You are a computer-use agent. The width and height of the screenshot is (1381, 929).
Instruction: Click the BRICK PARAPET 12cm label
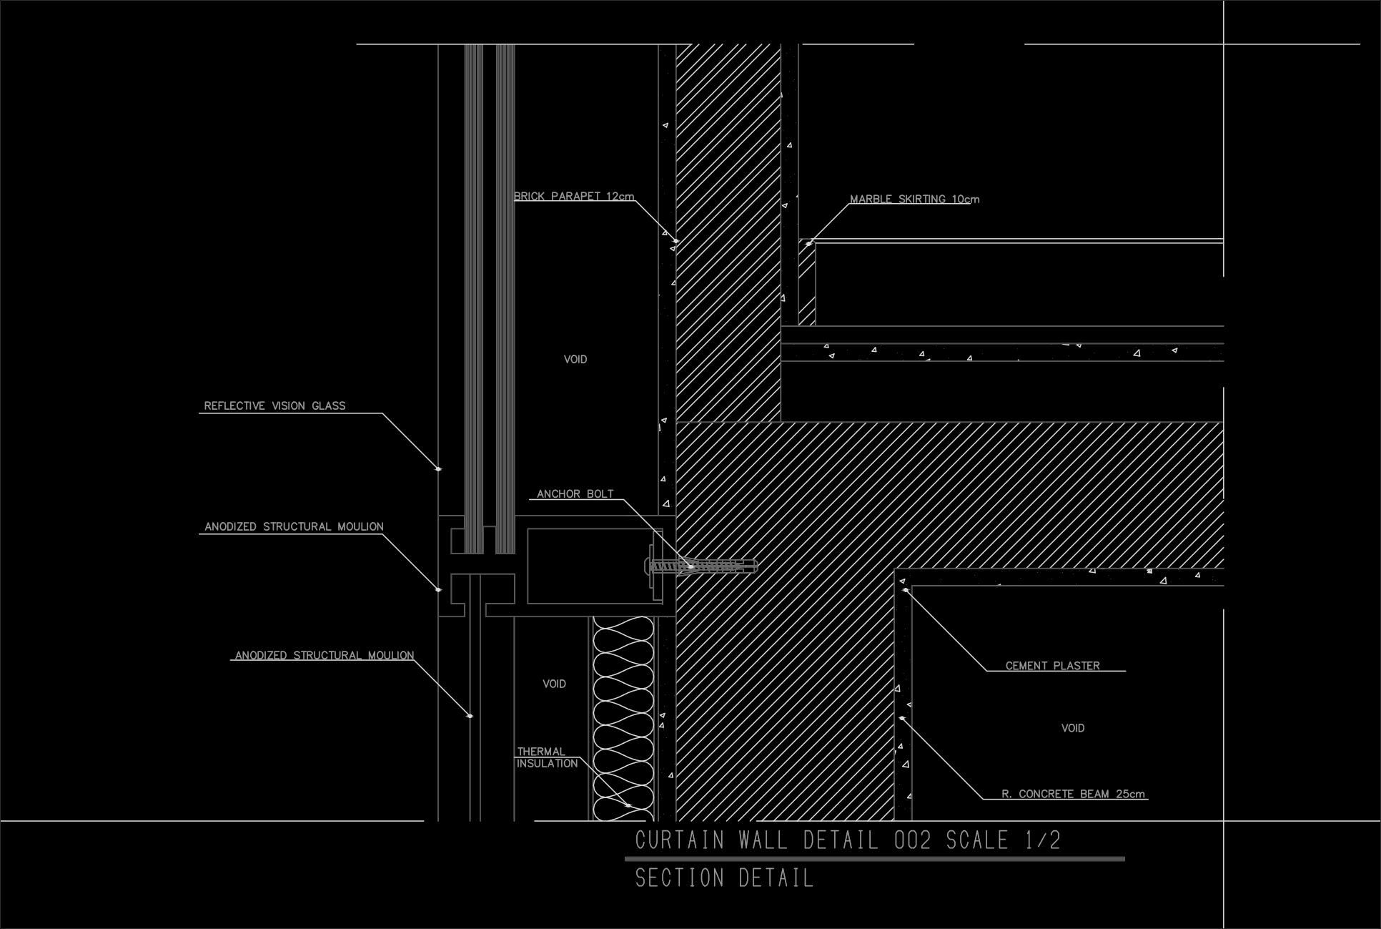pos(574,197)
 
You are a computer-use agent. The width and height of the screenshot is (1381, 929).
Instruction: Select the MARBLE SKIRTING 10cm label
pos(914,200)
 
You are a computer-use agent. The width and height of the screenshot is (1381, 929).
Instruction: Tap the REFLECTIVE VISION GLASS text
pos(274,406)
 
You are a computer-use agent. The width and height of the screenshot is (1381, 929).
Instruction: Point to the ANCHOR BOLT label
pos(575,494)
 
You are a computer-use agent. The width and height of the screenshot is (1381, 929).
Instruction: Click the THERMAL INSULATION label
pos(547,758)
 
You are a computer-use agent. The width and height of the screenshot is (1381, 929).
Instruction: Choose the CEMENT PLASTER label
pos(1052,666)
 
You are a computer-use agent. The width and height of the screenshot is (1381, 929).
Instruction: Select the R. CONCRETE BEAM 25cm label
pos(1073,794)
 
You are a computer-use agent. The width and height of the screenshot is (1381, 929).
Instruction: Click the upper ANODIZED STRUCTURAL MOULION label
pos(294,527)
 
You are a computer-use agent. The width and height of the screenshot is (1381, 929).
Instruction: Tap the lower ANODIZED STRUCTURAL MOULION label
pos(325,656)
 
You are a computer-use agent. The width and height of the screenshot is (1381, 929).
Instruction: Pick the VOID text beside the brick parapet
pos(575,360)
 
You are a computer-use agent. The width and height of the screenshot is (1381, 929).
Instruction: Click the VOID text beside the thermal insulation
pos(554,684)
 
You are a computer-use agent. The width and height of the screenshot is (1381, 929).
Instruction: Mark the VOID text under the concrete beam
pos(1072,729)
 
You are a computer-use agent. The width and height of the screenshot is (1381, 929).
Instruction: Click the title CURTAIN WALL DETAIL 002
pos(783,840)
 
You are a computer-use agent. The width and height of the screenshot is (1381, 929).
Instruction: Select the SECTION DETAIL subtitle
pos(724,878)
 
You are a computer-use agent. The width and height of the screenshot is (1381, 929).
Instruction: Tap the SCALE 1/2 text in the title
pos(1004,840)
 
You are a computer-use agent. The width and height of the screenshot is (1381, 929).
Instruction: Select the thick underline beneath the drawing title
pos(874,859)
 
